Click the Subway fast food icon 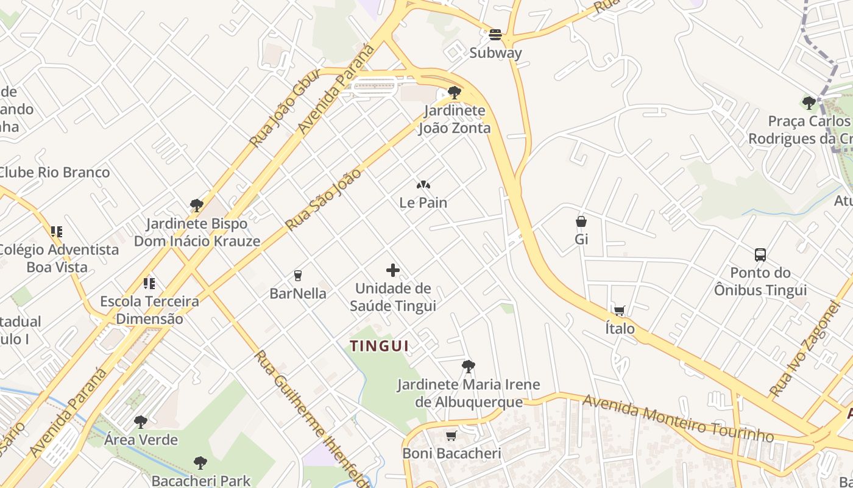pyautogui.click(x=495, y=35)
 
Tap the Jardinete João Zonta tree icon pyautogui.click(x=454, y=93)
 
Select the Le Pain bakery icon pyautogui.click(x=423, y=184)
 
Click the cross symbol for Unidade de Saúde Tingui pyautogui.click(x=393, y=270)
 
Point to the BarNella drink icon pyautogui.click(x=298, y=276)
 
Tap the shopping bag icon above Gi pyautogui.click(x=581, y=221)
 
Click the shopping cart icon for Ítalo pyautogui.click(x=620, y=311)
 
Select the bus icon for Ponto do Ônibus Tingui pyautogui.click(x=760, y=255)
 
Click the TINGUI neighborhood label pyautogui.click(x=379, y=346)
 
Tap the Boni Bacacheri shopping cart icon pyautogui.click(x=451, y=436)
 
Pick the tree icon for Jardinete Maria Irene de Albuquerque pyautogui.click(x=468, y=367)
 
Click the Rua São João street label pyautogui.click(x=324, y=199)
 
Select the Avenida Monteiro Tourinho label pyautogui.click(x=678, y=418)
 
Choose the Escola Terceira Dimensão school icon pyautogui.click(x=149, y=283)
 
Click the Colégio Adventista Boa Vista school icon pyautogui.click(x=57, y=232)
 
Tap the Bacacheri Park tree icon pyautogui.click(x=200, y=463)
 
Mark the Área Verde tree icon pyautogui.click(x=141, y=422)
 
